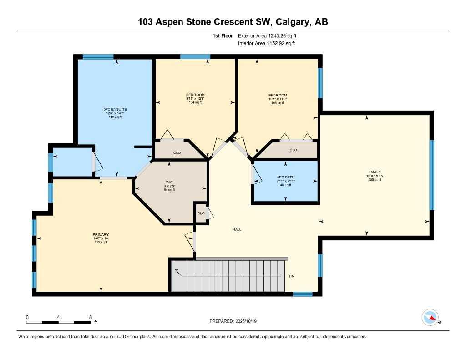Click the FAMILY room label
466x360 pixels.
pyautogui.click(x=374, y=172)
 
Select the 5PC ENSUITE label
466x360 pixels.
pyautogui.click(x=115, y=109)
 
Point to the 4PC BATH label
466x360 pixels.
pyautogui.click(x=285, y=177)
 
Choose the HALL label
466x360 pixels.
pyautogui.click(x=237, y=229)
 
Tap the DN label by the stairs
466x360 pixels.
pyautogui.click(x=292, y=276)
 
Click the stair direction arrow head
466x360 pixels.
pyautogui.click(x=176, y=272)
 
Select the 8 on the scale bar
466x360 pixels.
pyautogui.click(x=91, y=317)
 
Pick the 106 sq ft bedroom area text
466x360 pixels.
pyautogui.click(x=278, y=103)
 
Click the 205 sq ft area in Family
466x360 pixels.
pyautogui.click(x=374, y=180)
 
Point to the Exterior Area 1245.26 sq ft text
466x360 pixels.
pyautogui.click(x=267, y=35)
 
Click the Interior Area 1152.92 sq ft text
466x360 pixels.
pyautogui.click(x=266, y=43)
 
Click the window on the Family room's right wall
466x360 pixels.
pyautogui.click(x=431, y=175)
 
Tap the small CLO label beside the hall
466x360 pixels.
pyautogui.click(x=201, y=213)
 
